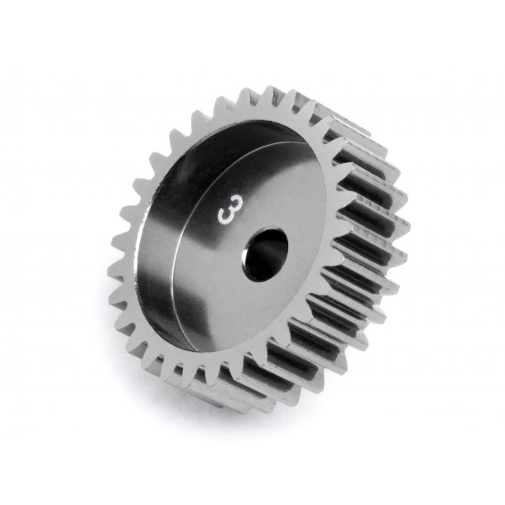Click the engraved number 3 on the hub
pyautogui.click(x=224, y=213)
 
